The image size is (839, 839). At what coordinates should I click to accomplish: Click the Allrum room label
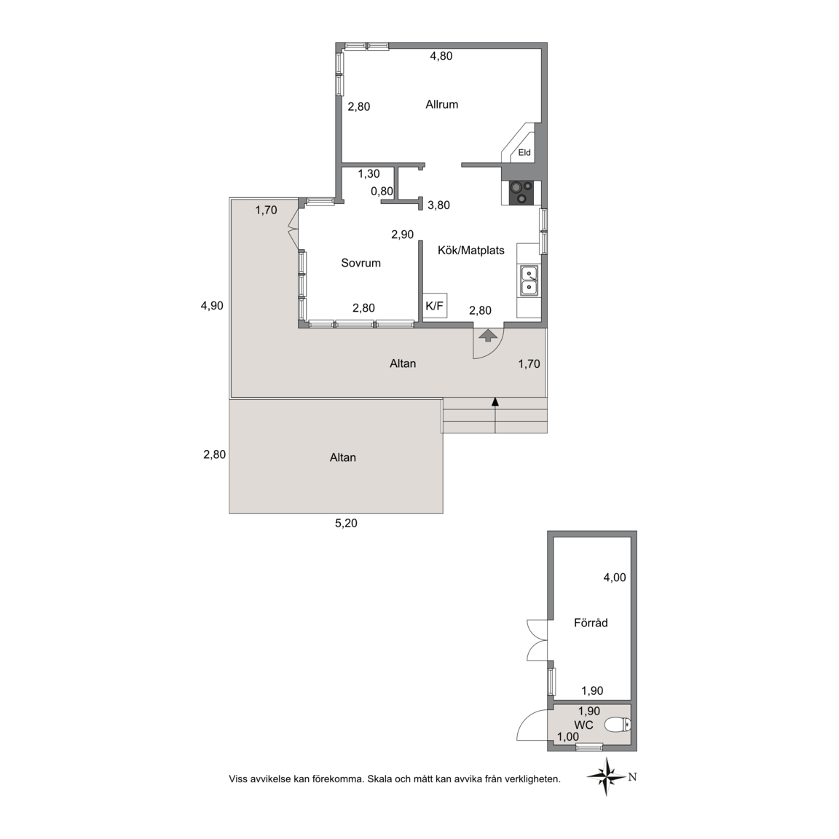[441, 104]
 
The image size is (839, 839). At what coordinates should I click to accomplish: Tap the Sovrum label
[361, 263]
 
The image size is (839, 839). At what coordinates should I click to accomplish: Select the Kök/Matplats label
[471, 251]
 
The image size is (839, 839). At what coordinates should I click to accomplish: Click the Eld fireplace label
[524, 152]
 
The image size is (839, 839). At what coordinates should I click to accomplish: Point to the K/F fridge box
[435, 306]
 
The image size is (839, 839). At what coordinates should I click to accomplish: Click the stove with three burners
[521, 193]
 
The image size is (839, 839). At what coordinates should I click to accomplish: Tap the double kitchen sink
[529, 281]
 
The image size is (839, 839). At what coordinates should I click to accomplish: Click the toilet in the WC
[618, 725]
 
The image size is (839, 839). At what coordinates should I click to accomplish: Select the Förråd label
[591, 623]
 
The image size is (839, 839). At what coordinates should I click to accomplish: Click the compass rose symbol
[606, 776]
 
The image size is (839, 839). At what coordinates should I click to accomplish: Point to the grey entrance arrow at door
[487, 336]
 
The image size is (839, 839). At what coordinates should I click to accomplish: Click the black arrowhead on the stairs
[495, 401]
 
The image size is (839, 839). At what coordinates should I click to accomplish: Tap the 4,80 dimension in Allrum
[441, 55]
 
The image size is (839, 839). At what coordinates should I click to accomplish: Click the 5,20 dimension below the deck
[346, 524]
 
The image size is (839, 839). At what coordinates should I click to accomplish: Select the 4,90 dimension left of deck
[212, 306]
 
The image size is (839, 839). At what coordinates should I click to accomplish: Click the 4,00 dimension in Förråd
[614, 578]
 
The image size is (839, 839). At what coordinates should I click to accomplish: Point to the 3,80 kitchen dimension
[438, 205]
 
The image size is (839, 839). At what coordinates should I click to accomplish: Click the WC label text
[583, 725]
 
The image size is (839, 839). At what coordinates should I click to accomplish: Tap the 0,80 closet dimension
[382, 191]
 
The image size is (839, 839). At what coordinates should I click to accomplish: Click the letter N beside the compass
[632, 777]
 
